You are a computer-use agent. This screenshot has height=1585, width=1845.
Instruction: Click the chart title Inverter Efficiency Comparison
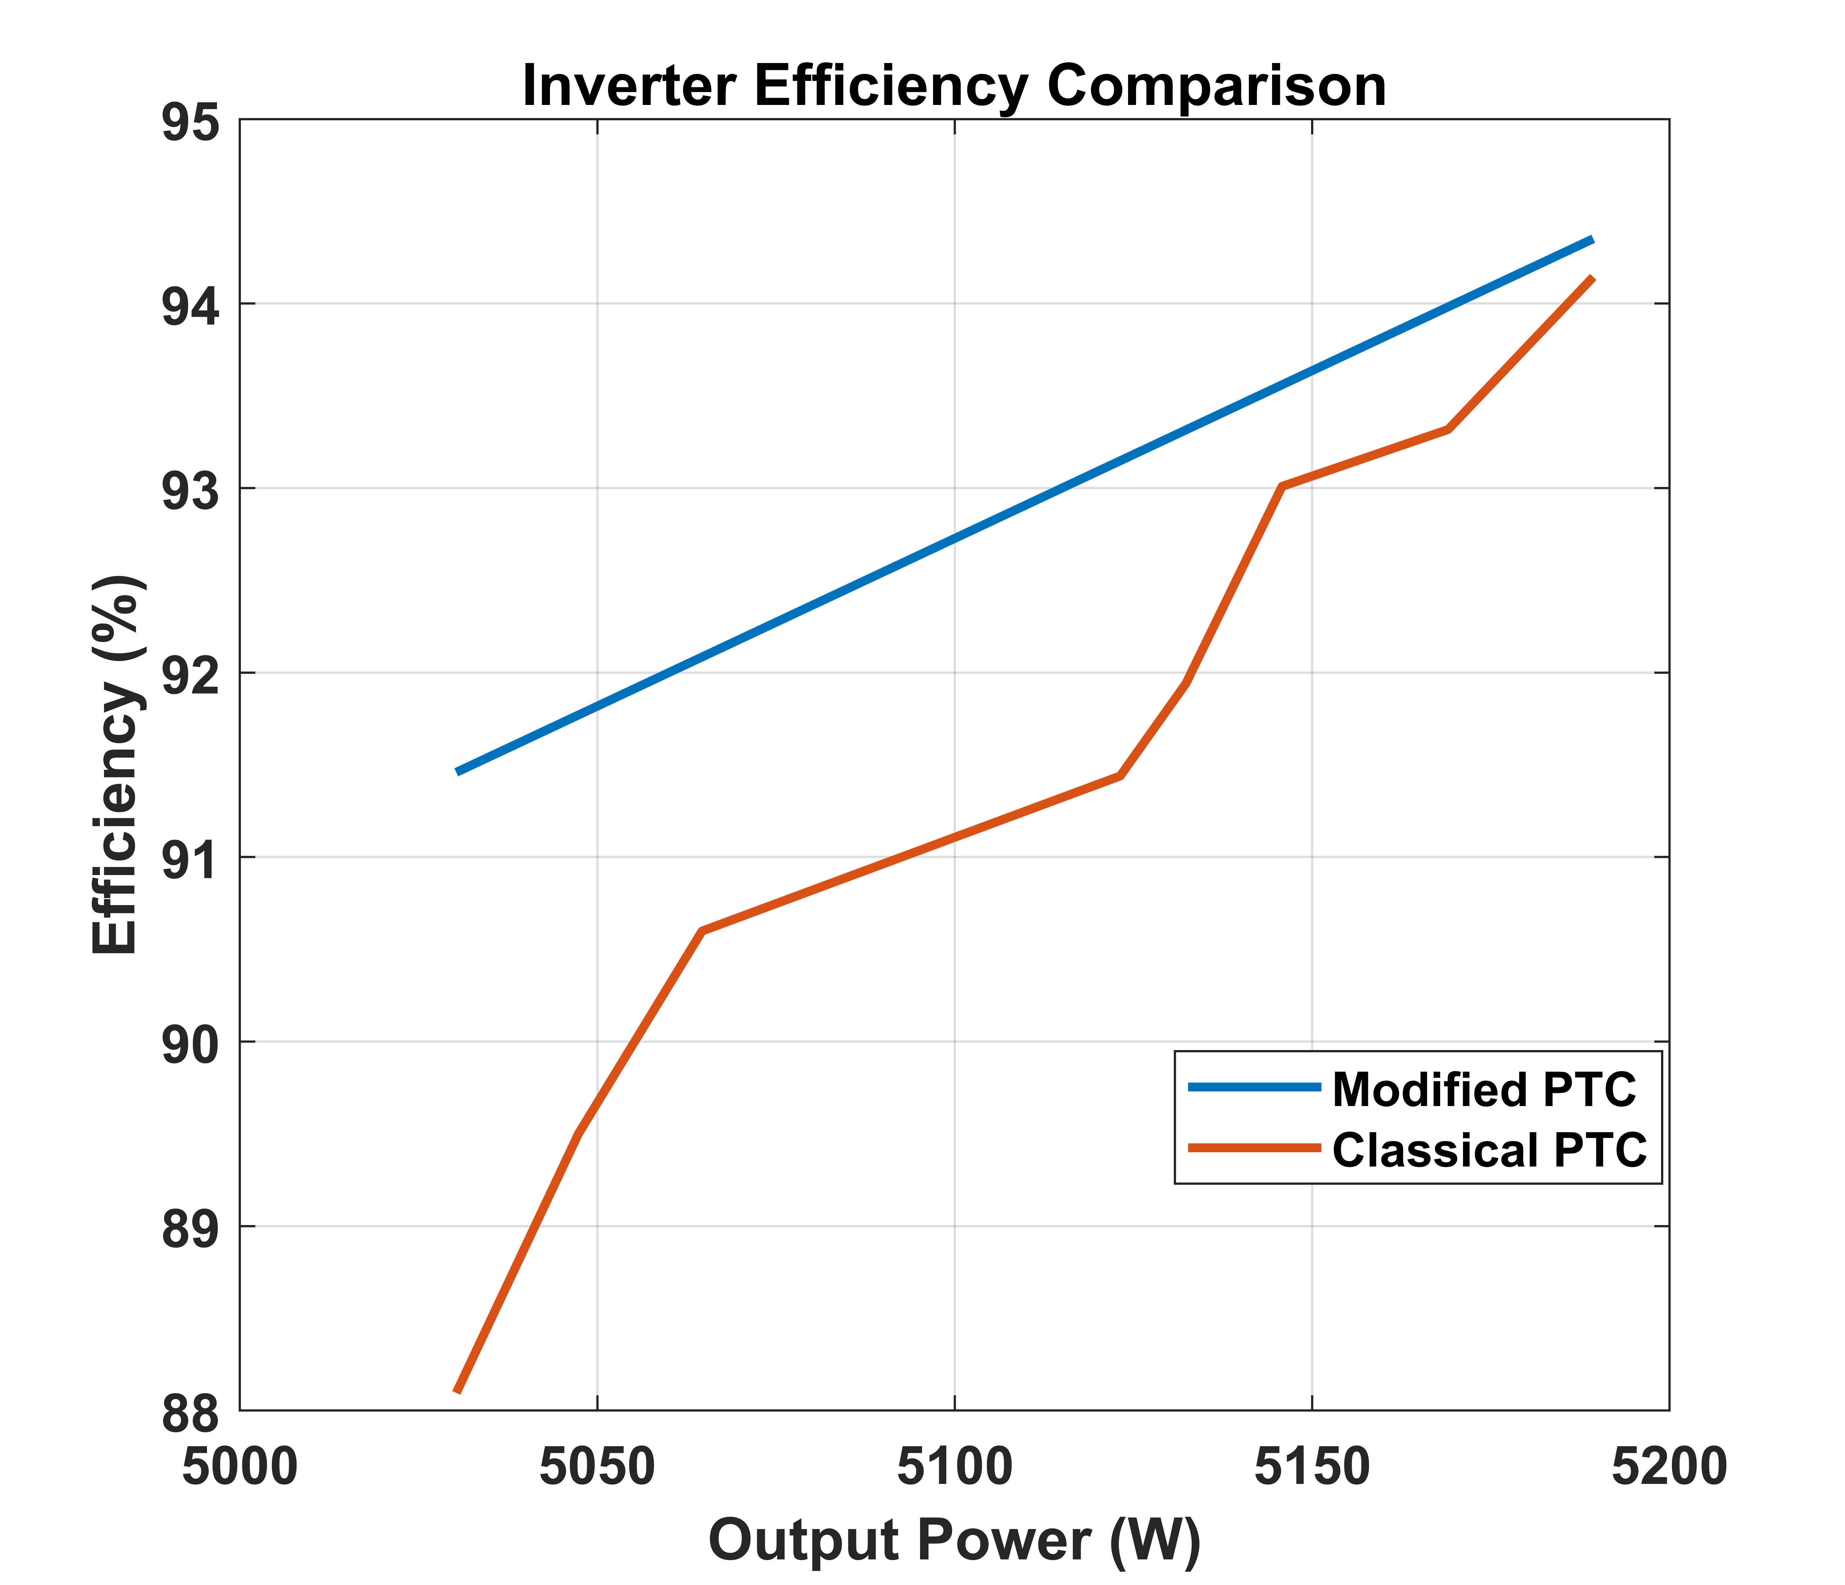(x=954, y=86)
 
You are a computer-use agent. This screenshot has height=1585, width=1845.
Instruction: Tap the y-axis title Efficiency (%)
(x=116, y=764)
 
